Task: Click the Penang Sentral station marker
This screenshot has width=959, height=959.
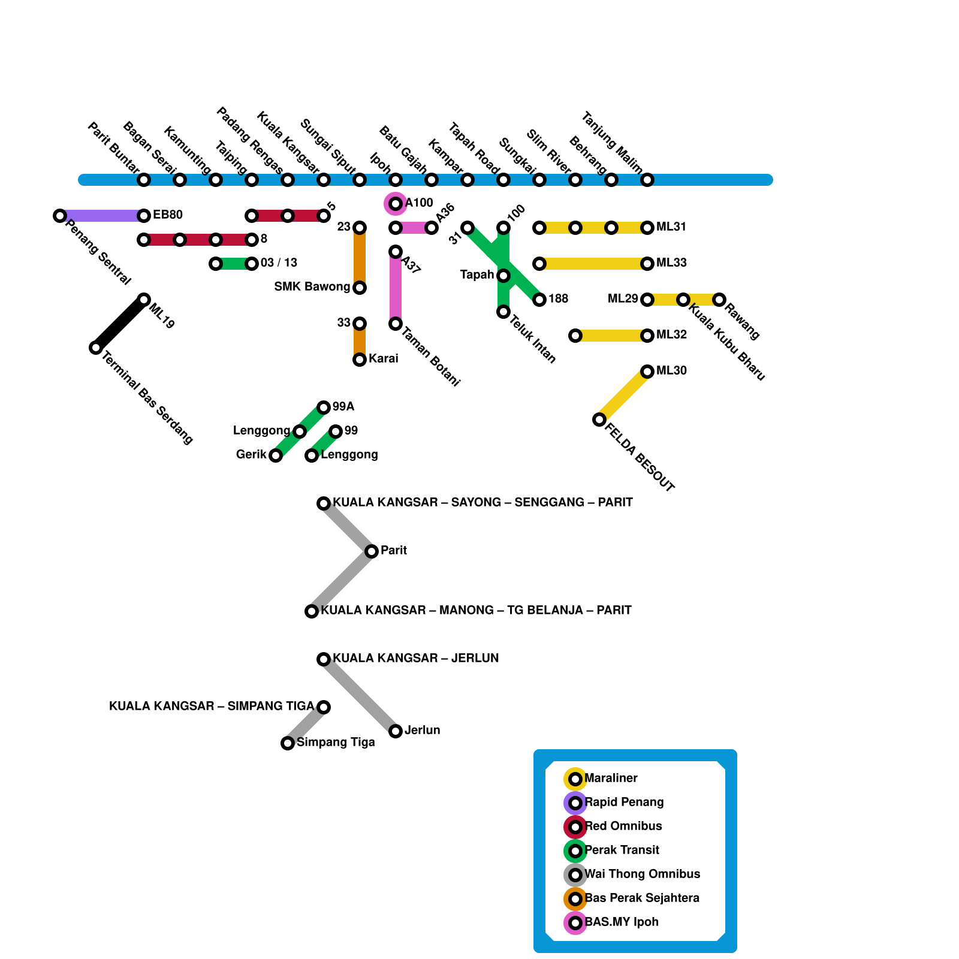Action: click(x=59, y=216)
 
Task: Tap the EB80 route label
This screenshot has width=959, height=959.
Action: click(x=167, y=215)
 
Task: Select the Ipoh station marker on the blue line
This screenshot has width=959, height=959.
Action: click(x=396, y=180)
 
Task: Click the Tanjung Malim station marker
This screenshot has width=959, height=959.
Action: click(x=647, y=180)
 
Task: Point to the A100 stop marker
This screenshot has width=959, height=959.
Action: click(x=396, y=204)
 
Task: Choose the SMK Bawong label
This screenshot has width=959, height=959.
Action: click(x=312, y=287)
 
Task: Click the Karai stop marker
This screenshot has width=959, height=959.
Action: click(x=360, y=360)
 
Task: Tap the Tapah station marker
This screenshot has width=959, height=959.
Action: click(x=503, y=276)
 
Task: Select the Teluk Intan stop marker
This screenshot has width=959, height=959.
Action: click(x=503, y=312)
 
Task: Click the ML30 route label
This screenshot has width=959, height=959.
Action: click(x=671, y=371)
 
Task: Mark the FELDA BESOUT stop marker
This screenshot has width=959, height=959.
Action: click(x=599, y=420)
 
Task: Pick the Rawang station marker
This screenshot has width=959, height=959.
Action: click(x=719, y=300)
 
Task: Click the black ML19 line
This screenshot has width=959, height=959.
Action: click(x=120, y=324)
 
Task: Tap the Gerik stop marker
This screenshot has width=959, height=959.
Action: click(x=276, y=456)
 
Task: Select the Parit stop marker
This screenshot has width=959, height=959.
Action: click(x=372, y=551)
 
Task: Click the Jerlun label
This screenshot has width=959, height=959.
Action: click(x=422, y=731)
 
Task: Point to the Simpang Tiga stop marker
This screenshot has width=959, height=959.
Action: click(x=288, y=743)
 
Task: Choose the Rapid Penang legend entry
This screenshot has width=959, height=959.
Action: click(x=623, y=803)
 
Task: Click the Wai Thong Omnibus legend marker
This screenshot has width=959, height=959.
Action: click(x=575, y=875)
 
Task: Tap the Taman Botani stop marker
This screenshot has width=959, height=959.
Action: click(x=396, y=324)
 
